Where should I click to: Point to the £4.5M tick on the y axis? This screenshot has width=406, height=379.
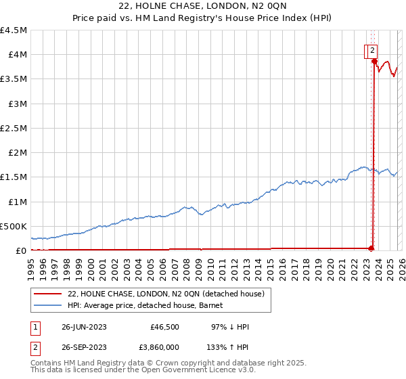click(x=14, y=30)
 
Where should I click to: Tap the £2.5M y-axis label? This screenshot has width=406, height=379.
click(x=14, y=128)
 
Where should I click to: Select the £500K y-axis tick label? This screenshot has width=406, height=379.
click(x=14, y=226)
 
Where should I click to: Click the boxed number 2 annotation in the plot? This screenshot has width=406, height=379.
click(x=373, y=49)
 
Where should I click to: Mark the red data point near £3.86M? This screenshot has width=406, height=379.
click(x=374, y=62)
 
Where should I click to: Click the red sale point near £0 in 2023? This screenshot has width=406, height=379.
click(x=371, y=248)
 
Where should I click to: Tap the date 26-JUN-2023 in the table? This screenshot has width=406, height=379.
click(x=84, y=327)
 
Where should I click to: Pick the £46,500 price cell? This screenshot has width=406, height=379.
click(x=164, y=327)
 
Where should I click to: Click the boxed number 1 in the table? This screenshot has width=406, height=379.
click(x=35, y=327)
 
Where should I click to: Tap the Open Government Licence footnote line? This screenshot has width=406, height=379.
click(x=133, y=370)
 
